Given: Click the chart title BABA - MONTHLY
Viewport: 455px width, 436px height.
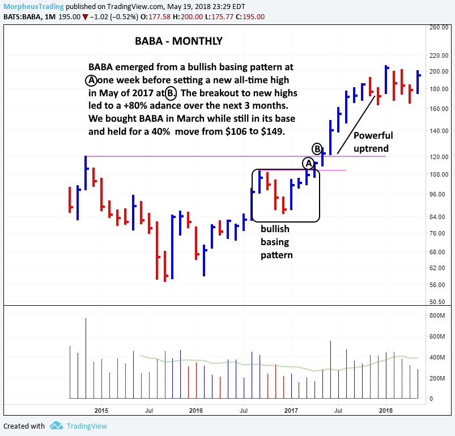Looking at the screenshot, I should pyautogui.click(x=178, y=41).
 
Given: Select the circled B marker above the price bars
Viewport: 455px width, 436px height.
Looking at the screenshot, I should pyautogui.click(x=318, y=149).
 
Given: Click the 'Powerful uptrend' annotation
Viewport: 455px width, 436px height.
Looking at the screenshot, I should pyautogui.click(x=373, y=142).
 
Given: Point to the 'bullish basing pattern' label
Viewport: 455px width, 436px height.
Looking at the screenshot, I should pyautogui.click(x=277, y=242).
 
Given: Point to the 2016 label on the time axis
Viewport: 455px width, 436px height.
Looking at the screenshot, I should pyautogui.click(x=195, y=409).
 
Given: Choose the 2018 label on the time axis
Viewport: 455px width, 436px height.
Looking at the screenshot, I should pyautogui.click(x=385, y=409).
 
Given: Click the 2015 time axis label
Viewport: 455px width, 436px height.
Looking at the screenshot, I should pyautogui.click(x=101, y=409).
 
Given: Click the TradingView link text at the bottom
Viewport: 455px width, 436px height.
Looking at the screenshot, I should pyautogui.click(x=86, y=426).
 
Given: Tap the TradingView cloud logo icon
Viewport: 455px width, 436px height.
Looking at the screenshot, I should pyautogui.click(x=56, y=425).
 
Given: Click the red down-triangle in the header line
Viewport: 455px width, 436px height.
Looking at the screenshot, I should pyautogui.click(x=85, y=16).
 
